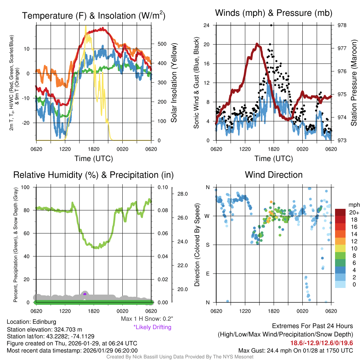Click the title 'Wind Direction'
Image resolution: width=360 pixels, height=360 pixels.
click(274, 175)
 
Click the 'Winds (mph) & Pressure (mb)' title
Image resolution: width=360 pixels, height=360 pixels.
click(274, 13)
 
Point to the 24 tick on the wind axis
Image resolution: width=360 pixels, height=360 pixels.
click(207, 25)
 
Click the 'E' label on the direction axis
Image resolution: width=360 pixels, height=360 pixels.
click(208, 274)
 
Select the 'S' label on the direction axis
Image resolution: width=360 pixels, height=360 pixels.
click(208, 245)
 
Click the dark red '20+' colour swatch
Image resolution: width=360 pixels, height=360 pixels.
click(341, 212)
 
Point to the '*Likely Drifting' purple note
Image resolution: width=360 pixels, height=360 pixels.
click(152, 327)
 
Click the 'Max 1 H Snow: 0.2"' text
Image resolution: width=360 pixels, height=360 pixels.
click(147, 319)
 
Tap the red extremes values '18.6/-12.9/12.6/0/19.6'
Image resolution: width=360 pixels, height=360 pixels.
click(321, 343)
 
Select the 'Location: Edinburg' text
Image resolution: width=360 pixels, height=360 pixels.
click(31, 322)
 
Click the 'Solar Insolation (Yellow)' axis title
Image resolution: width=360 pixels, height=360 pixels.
click(174, 83)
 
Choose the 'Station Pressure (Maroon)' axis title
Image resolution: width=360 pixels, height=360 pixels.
click(354, 83)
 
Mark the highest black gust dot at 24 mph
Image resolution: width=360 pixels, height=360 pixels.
click(271, 25)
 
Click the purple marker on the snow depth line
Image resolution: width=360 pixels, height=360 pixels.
click(85, 294)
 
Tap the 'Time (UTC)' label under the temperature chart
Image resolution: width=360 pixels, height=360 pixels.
click(94, 159)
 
